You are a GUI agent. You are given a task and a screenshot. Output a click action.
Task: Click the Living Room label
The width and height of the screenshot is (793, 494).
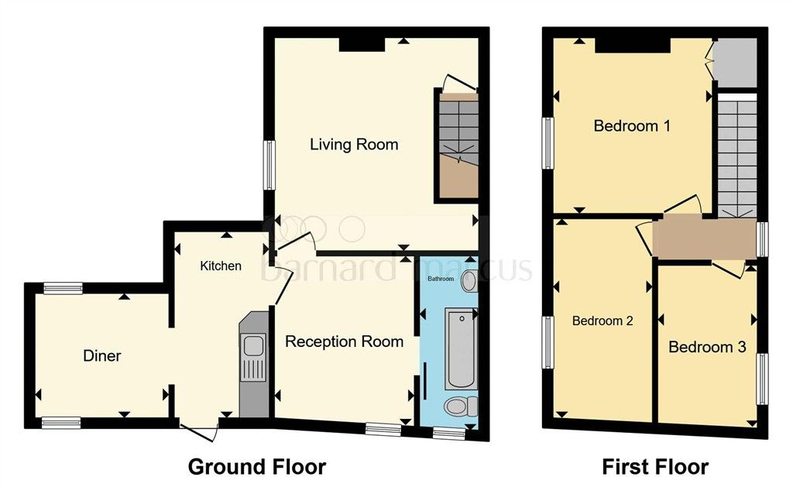coord(354,144)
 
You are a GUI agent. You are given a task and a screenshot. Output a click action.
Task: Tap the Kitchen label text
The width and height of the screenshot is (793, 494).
coord(221,266)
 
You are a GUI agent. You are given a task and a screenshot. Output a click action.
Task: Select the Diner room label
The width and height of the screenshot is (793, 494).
coord(102,356)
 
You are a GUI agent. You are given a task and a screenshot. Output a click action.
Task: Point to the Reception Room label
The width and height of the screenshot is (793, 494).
coord(344,341)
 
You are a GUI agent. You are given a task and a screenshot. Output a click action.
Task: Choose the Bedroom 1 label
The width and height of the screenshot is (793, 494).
coord(631,125)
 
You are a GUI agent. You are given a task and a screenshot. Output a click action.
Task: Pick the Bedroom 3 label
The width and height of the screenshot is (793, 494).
coord(707,347)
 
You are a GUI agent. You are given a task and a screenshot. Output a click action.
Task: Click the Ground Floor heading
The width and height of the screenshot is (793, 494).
coord(257,467)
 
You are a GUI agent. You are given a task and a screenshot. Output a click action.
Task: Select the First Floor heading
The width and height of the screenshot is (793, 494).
coord(655,467)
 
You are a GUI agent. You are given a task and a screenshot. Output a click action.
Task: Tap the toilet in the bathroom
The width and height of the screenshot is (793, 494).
coord(458,407)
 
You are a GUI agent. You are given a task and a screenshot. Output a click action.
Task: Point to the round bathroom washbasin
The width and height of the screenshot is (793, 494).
coord(469,282)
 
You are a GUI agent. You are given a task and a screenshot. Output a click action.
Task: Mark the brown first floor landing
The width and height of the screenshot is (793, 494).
coord(704,238)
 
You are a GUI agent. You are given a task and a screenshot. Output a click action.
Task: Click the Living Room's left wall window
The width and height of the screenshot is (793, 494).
coord(269,164)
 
